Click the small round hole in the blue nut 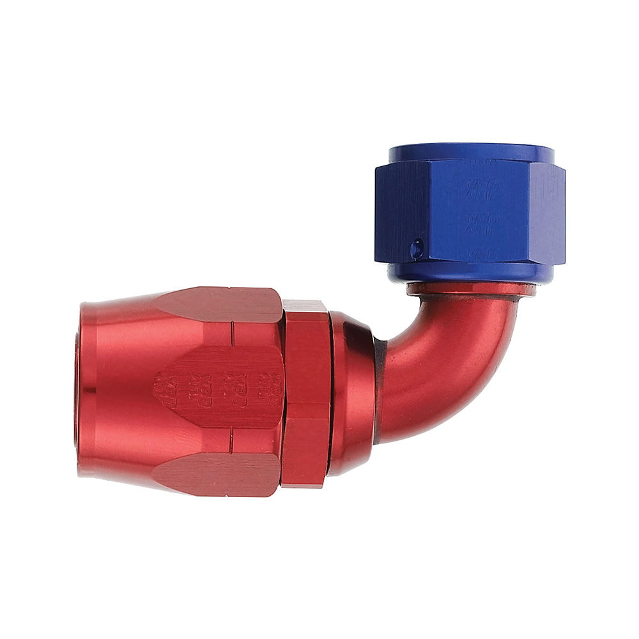coord(416,247)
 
